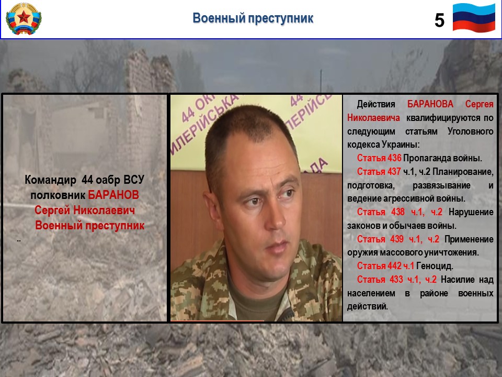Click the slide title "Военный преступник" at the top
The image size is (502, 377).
click(x=253, y=18)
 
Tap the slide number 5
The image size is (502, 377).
click(x=439, y=20)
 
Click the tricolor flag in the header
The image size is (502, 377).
click(x=474, y=18)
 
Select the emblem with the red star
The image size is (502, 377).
click(x=24, y=19)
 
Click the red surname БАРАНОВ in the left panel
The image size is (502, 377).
click(x=113, y=195)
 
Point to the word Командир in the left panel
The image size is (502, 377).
click(x=51, y=180)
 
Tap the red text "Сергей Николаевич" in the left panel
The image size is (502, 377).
click(x=85, y=210)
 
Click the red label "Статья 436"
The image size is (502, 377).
click(x=379, y=158)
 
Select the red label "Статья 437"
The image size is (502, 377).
click(x=379, y=172)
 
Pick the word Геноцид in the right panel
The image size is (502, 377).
click(x=435, y=266)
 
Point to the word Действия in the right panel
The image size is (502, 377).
click(x=376, y=104)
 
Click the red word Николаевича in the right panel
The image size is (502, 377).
click(x=373, y=118)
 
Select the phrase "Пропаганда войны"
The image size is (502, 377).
click(x=442, y=158)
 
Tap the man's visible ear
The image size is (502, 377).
click(x=212, y=208)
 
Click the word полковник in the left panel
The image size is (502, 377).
click(x=58, y=195)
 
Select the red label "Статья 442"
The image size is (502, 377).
click(x=379, y=266)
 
